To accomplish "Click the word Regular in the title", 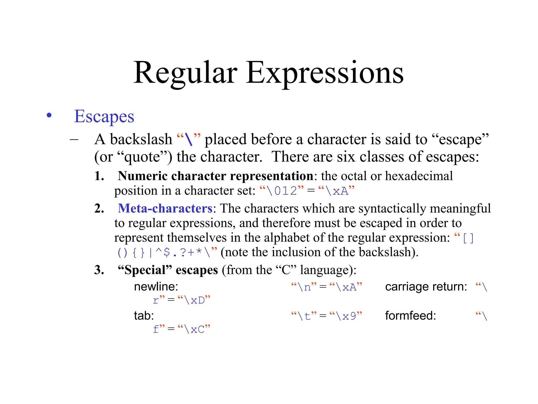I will [185, 73].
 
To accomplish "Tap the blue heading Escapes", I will [104, 117].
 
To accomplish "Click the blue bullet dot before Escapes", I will [49, 115].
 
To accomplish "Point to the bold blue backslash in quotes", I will [189, 139].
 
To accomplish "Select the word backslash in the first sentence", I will [141, 139].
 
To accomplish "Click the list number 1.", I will [99, 176].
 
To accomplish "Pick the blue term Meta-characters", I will [165, 208].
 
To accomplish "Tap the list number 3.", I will [99, 270].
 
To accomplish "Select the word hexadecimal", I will [419, 176].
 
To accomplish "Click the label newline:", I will [156, 287].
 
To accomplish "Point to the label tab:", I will [144, 316].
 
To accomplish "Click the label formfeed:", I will [410, 316].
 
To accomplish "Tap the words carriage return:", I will [426, 287].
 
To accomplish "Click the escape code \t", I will [304, 316].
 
